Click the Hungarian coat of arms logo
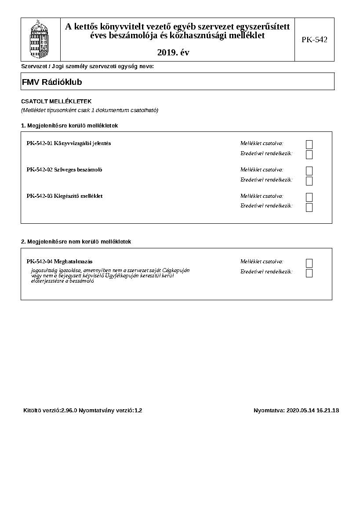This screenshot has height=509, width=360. tap(40, 40)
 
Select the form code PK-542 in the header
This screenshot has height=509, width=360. tap(314, 40)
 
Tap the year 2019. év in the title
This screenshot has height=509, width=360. tap(173, 53)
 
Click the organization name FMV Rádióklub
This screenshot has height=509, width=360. tap(52, 82)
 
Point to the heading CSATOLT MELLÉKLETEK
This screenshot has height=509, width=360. tap(56, 101)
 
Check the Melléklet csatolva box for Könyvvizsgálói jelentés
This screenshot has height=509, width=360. tap(309, 144)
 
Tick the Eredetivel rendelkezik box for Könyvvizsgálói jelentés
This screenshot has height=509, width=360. tap(309, 154)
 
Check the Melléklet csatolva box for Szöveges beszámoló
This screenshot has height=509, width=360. tap(309, 171)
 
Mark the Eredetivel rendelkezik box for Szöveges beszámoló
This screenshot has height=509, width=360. tap(309, 181)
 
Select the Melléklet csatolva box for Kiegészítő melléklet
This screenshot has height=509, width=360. tap(309, 197)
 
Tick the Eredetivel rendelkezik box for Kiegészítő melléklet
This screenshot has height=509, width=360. tap(309, 207)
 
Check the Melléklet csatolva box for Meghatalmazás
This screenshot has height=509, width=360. tap(309, 263)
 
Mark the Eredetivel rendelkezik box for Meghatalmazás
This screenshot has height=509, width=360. tap(309, 273)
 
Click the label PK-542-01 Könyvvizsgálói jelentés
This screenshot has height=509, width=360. tap(69, 143)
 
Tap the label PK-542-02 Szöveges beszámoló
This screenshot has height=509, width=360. tap(64, 170)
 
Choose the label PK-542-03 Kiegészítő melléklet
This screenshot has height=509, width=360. tap(65, 196)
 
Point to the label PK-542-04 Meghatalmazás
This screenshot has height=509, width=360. tap(59, 262)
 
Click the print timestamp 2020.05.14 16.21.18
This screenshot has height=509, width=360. tap(313, 411)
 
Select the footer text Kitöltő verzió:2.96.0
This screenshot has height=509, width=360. tap(50, 411)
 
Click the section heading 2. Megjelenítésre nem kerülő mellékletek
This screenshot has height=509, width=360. tap(76, 242)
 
